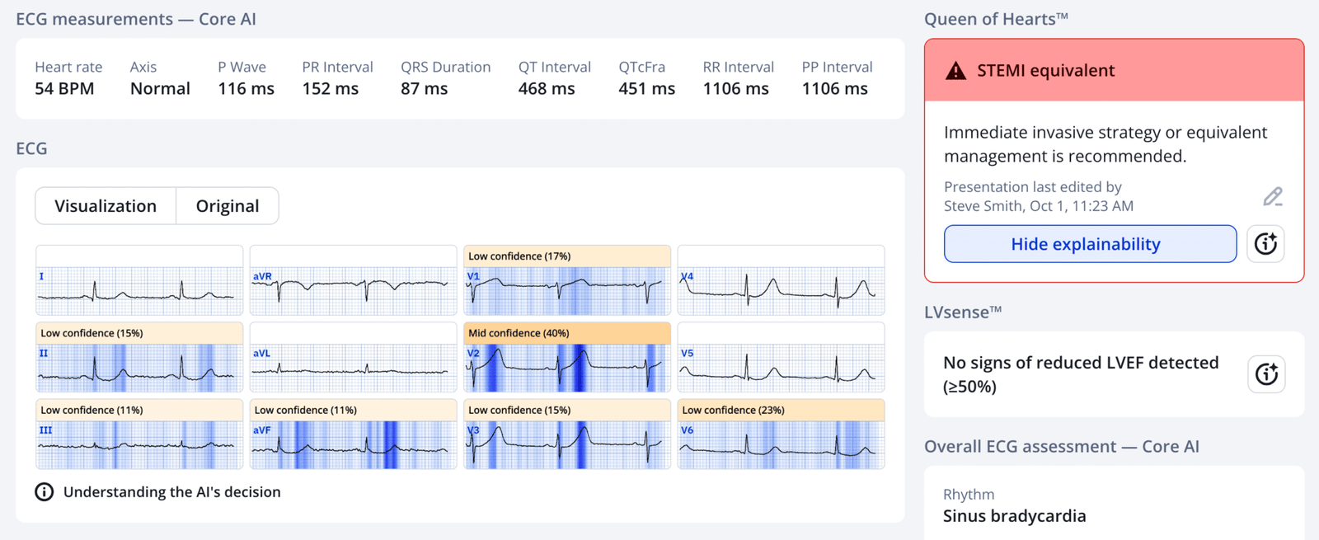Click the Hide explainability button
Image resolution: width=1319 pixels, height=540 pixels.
1090,244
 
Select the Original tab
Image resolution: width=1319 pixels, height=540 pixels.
228,206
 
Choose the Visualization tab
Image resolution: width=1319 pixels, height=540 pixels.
106,206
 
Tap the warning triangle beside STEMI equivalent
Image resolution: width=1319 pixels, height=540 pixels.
955,71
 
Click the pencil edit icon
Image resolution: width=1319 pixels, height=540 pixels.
1273,196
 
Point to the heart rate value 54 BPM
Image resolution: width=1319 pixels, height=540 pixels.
64,89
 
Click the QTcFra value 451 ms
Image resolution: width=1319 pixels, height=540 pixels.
646,89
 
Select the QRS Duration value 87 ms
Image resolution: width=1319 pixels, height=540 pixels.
424,89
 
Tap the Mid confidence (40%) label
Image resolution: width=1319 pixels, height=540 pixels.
519,333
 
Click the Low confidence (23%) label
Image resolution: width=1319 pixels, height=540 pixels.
733,410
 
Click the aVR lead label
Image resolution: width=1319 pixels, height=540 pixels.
262,277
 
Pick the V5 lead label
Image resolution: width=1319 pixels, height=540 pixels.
687,354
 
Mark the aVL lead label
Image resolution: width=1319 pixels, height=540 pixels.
261,354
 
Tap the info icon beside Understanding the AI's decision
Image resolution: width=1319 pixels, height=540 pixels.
45,492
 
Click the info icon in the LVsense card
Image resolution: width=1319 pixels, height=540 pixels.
1265,374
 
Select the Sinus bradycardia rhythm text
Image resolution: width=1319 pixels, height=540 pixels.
1014,516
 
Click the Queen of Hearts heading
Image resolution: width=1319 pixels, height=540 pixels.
996,19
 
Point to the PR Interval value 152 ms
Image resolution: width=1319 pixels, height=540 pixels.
330,89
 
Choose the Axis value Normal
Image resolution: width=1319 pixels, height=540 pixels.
160,89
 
